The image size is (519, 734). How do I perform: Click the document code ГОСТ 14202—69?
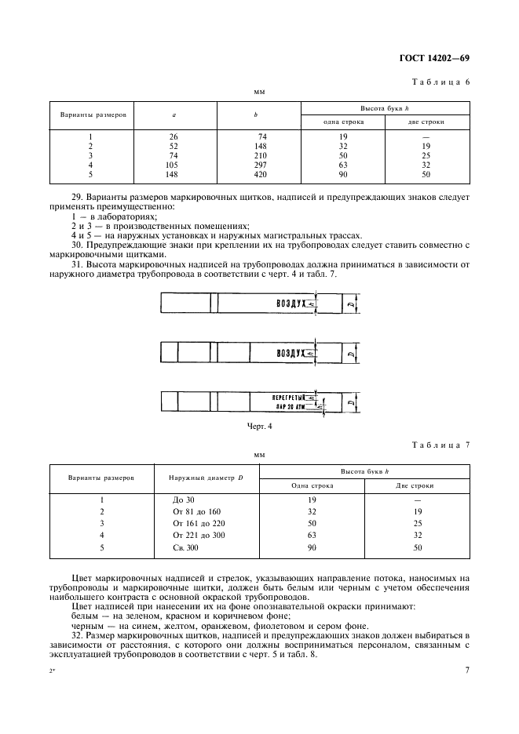(x=433, y=59)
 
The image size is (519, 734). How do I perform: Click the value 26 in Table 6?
(x=174, y=136)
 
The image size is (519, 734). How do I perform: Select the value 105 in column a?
(x=174, y=165)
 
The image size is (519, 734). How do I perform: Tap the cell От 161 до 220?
(x=198, y=522)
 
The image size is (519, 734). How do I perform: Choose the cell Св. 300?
(x=185, y=547)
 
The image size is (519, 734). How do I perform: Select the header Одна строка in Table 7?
(x=312, y=485)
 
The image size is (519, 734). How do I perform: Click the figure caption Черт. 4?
(x=259, y=427)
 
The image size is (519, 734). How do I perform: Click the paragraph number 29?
(x=76, y=190)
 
